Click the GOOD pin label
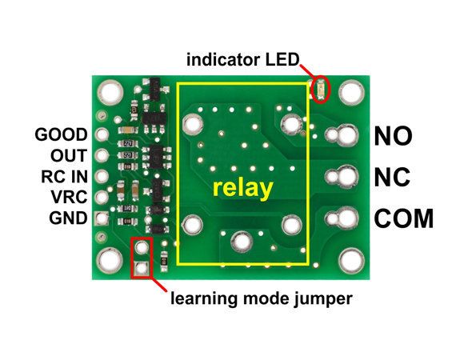click(x=61, y=134)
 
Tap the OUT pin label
click(x=69, y=155)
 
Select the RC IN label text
click(x=65, y=177)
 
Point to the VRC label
click(x=69, y=197)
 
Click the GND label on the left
click(x=68, y=218)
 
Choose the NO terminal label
click(x=393, y=136)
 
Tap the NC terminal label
click(x=392, y=177)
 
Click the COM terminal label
click(x=404, y=218)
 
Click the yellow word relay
click(x=242, y=189)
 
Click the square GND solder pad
click(x=102, y=218)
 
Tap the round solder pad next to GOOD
click(x=102, y=134)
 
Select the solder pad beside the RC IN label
click(x=102, y=176)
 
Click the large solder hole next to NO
click(x=347, y=135)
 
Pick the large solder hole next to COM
click(x=347, y=218)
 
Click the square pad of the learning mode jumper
click(x=142, y=268)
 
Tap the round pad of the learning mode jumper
click(x=142, y=247)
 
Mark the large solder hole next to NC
click(x=347, y=177)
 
